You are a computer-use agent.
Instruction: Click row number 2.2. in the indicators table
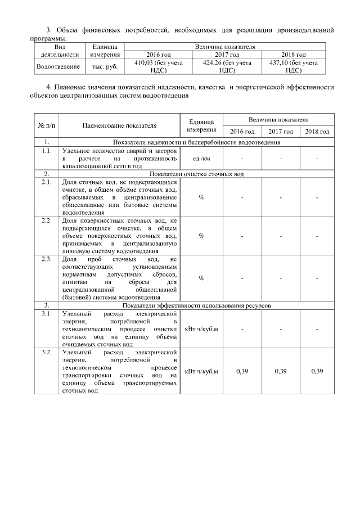click(x=47, y=220)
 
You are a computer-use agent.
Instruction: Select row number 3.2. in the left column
click(x=47, y=352)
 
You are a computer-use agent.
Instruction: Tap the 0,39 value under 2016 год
click(x=242, y=372)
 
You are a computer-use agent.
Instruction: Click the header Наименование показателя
click(x=119, y=125)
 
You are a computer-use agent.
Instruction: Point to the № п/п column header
click(x=47, y=125)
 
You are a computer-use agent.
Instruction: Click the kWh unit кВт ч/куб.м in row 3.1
click(x=201, y=328)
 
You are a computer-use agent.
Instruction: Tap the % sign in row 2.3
click(x=201, y=278)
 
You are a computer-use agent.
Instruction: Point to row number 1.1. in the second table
click(x=47, y=151)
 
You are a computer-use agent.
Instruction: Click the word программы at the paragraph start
click(x=47, y=39)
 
